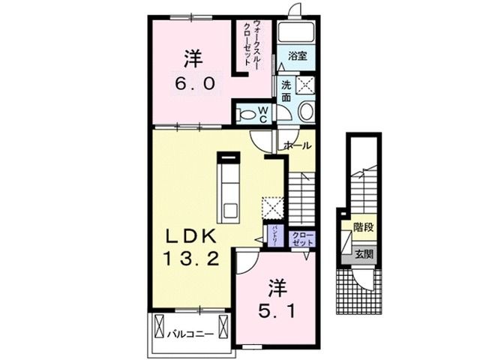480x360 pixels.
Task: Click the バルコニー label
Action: coord(191,334)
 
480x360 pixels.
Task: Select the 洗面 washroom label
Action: coord(287,91)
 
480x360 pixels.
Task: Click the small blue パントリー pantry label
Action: coord(275,236)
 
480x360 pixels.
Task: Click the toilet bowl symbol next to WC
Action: coord(246,115)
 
